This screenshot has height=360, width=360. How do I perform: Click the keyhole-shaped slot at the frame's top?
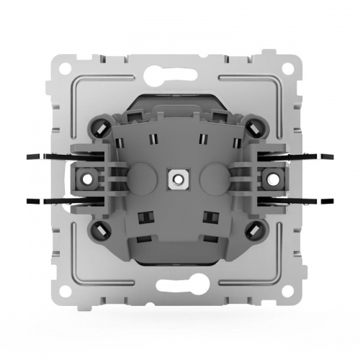coord(180,71)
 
